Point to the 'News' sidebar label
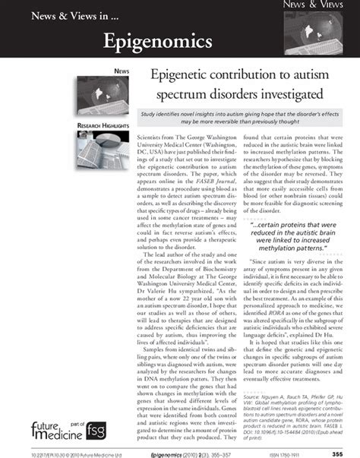point(121,71)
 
